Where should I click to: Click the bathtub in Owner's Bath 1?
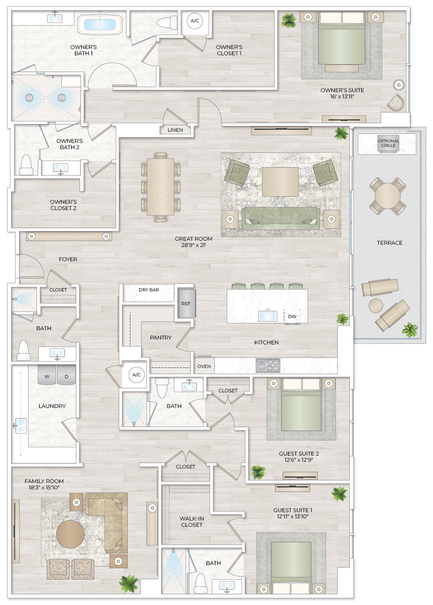(100, 24)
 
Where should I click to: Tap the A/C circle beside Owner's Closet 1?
(194, 21)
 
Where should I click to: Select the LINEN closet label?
(175, 130)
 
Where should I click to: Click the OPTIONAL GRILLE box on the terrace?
(388, 143)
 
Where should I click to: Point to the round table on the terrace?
(387, 196)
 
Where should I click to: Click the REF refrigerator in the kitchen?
(186, 303)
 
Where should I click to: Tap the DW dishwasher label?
(292, 316)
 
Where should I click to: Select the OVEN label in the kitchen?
(204, 366)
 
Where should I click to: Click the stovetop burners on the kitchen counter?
(268, 366)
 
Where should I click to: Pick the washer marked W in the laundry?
(47, 375)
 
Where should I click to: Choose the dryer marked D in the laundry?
(66, 375)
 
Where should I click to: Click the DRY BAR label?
(149, 290)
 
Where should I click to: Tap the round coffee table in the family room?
(70, 534)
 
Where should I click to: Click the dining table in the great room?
(161, 186)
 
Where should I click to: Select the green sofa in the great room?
(281, 218)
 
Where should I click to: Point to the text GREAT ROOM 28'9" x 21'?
(194, 242)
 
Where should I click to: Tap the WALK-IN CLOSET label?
(191, 521)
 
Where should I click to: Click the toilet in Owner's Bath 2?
(26, 165)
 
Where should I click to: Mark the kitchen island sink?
(267, 315)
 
